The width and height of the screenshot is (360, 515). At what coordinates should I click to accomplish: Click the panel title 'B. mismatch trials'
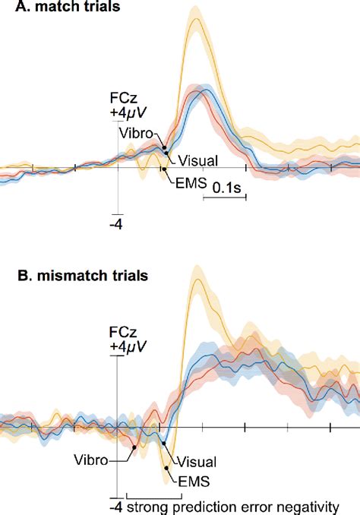[64, 274]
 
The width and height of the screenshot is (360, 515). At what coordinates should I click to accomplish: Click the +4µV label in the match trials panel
[128, 114]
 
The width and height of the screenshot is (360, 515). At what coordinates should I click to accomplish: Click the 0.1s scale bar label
[226, 187]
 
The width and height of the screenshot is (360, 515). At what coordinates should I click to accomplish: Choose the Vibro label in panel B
[92, 458]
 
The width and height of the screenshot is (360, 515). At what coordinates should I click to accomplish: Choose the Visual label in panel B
[197, 461]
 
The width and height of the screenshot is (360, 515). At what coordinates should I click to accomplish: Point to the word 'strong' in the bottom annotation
[147, 504]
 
